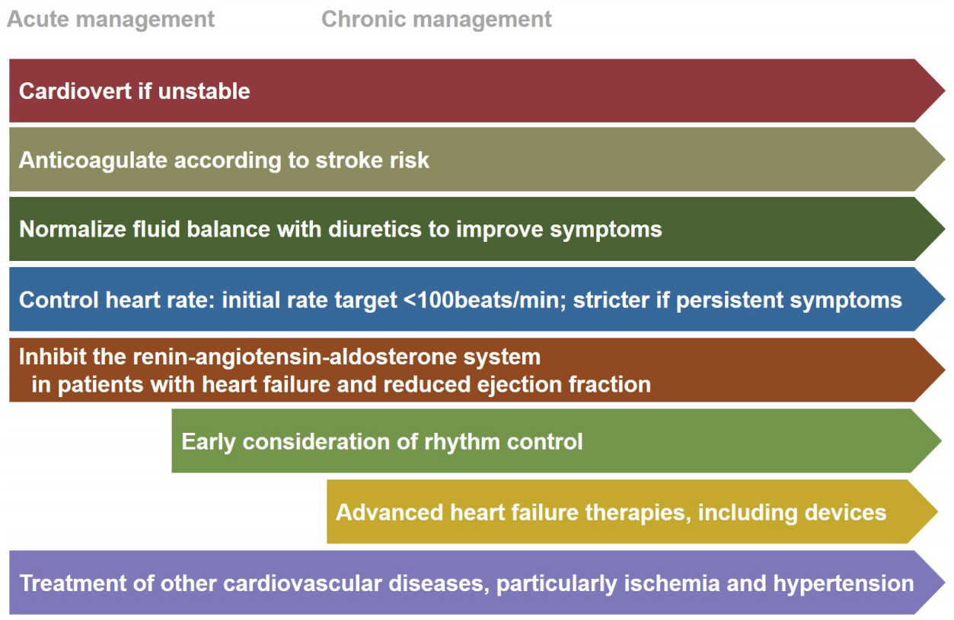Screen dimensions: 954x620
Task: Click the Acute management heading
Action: click(110, 20)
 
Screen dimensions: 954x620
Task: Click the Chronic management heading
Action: click(436, 20)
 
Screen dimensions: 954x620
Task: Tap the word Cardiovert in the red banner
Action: click(75, 91)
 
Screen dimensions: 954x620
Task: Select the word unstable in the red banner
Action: click(204, 91)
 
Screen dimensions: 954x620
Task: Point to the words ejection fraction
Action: click(564, 385)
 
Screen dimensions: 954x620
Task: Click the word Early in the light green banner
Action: click(209, 442)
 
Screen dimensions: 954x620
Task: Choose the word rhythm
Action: click(462, 442)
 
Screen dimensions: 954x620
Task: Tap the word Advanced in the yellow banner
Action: click(390, 512)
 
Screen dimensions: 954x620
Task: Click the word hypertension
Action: click(844, 583)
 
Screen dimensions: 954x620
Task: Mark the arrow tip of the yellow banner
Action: click(938, 511)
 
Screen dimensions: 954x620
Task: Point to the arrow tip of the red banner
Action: click(945, 91)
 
